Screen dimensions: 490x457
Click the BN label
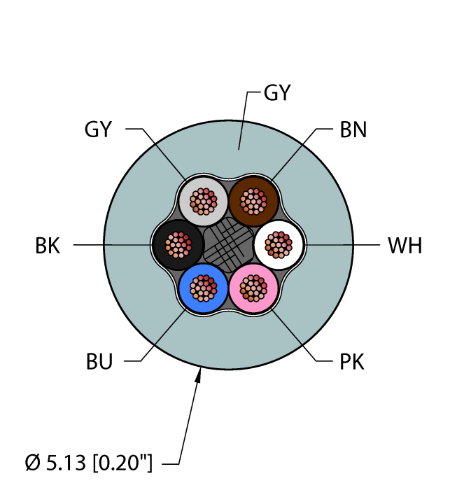(353, 129)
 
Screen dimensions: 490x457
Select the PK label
(352, 362)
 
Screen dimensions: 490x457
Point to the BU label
(99, 362)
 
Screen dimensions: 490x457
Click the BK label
(48, 246)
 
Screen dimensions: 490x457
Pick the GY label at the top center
(276, 92)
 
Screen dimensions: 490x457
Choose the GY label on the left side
(98, 129)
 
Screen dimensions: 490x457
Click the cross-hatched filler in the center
(228, 244)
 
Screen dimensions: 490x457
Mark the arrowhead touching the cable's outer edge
(200, 376)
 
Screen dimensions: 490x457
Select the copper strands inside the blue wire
(204, 287)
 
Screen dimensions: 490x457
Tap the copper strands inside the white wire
(279, 245)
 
